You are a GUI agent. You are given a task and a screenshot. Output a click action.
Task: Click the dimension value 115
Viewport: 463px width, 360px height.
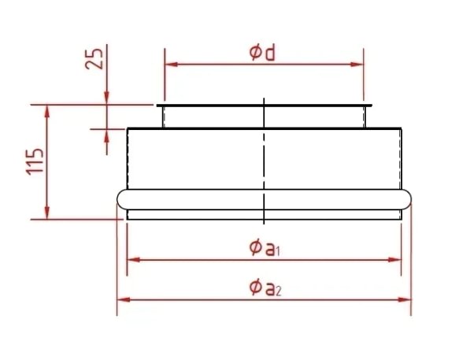coord(38,161)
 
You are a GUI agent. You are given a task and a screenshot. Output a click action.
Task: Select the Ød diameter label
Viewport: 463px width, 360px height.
coord(263,54)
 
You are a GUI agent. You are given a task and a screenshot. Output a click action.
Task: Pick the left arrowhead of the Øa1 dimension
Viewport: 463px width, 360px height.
coord(131,258)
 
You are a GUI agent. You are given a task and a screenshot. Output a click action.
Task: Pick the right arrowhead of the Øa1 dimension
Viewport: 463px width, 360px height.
coord(398,258)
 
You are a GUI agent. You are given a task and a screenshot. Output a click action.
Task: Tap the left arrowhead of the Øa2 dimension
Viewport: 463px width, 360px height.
coord(121,299)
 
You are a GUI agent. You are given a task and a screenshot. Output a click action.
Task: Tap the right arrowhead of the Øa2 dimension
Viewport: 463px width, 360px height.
coord(407,299)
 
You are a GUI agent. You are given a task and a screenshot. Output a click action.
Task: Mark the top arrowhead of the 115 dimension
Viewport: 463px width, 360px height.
coord(48,108)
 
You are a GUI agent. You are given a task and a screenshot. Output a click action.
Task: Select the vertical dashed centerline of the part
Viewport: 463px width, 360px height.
coord(265,158)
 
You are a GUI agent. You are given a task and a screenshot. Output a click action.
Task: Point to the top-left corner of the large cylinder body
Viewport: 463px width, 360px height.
coord(128,128)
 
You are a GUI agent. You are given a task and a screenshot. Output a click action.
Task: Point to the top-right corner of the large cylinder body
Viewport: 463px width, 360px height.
coord(402,128)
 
